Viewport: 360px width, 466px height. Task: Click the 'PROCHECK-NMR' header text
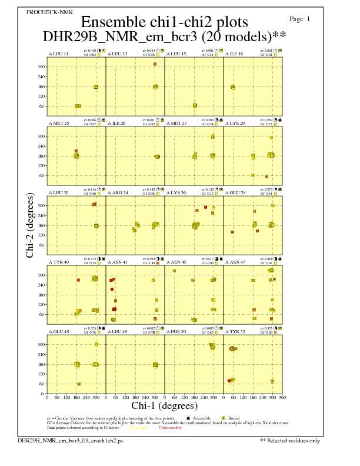[42, 12]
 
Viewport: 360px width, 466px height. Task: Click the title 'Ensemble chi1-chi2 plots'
[164, 22]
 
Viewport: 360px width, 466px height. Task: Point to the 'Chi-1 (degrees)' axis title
[164, 405]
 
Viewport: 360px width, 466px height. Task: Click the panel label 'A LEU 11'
[58, 54]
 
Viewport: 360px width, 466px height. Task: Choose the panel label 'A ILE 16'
[235, 54]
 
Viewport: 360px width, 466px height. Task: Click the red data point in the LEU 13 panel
[155, 64]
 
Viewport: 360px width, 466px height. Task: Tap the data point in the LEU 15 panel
[195, 105]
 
